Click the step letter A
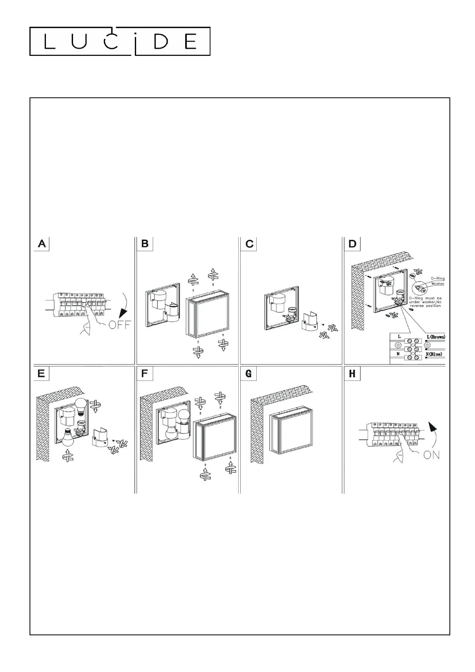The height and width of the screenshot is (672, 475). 42,244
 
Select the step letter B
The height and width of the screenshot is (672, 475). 145,244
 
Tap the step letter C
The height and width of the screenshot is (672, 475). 249,244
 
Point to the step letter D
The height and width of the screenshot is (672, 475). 352,244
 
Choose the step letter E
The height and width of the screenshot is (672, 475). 41,374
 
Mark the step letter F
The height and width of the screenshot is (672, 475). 145,374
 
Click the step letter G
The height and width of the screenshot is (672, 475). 249,374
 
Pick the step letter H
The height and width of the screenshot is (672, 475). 352,374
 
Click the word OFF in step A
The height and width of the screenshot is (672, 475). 119,324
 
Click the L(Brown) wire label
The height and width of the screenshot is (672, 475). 435,337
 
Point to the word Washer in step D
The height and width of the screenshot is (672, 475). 437,284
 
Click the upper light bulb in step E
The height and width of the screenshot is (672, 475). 82,405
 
